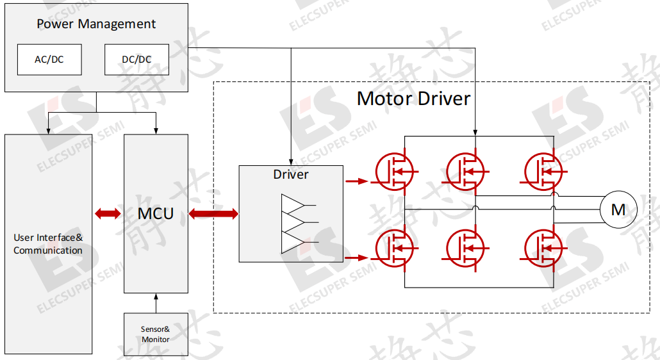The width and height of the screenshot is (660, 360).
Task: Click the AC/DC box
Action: pyautogui.click(x=49, y=60)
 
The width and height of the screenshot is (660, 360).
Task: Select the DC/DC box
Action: pyautogui.click(x=136, y=60)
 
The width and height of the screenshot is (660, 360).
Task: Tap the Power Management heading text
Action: pyautogui.click(x=96, y=24)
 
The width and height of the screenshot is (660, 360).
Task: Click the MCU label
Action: pyautogui.click(x=156, y=214)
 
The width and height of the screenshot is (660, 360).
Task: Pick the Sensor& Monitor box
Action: pyautogui.click(x=156, y=334)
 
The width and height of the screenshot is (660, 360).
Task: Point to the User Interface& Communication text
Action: pyautogui.click(x=48, y=244)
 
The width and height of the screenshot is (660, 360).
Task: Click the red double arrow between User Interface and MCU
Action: pyautogui.click(x=108, y=214)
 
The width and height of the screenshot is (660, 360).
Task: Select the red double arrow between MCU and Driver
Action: pyautogui.click(x=213, y=214)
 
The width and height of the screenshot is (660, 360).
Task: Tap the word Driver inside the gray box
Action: pyautogui.click(x=291, y=174)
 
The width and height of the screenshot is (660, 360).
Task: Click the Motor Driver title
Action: pyautogui.click(x=413, y=99)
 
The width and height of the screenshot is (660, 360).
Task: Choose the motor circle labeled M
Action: pyautogui.click(x=618, y=209)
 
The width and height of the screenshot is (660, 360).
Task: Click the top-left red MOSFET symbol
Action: pyautogui.click(x=395, y=172)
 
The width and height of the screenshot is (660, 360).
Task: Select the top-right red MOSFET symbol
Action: pyautogui.click(x=544, y=172)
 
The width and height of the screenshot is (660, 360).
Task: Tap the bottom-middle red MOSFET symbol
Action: pyautogui.click(x=465, y=248)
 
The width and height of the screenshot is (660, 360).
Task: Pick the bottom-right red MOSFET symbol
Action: pyautogui.click(x=544, y=248)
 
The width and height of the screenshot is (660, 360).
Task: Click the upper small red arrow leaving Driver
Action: pyautogui.click(x=356, y=181)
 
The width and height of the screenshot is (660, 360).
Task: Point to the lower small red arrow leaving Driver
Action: pyautogui.click(x=356, y=258)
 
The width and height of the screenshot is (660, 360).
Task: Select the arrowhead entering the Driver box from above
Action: pyautogui.click(x=291, y=162)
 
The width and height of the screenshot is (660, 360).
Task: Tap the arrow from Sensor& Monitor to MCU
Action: pyautogui.click(x=156, y=303)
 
